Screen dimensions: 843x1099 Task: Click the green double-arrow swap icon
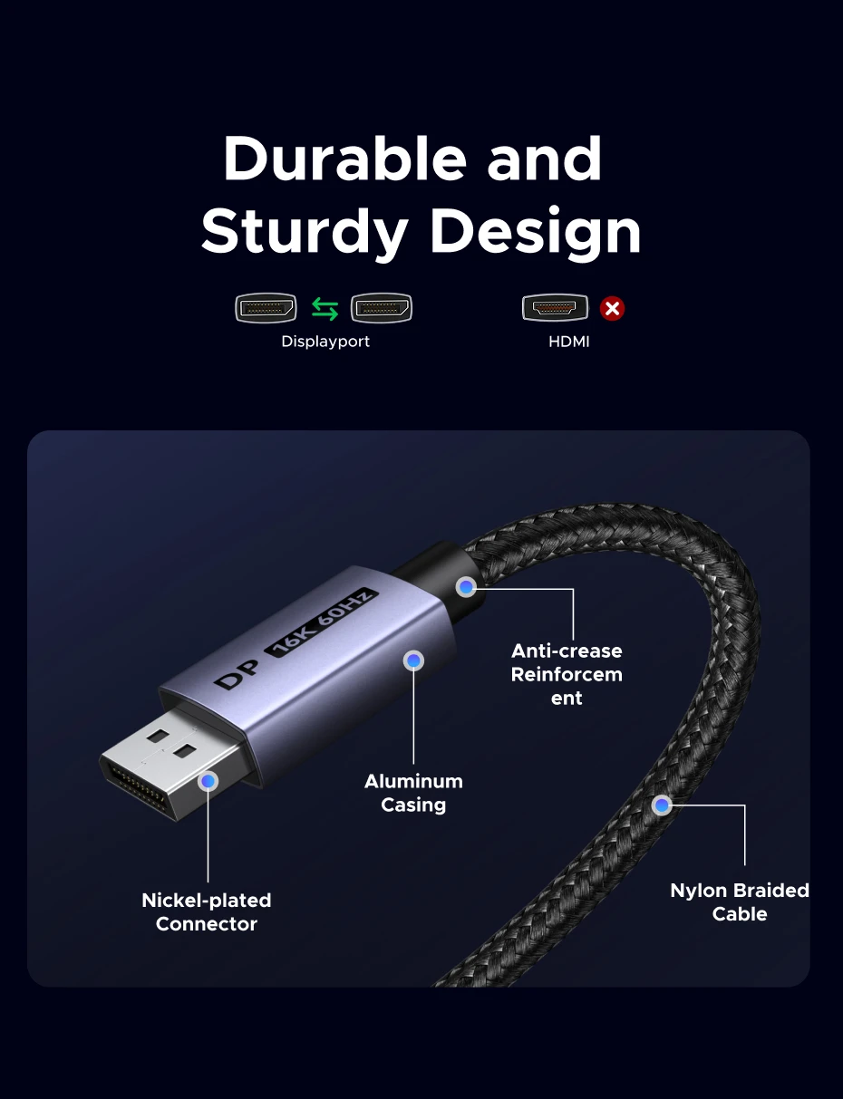click(325, 309)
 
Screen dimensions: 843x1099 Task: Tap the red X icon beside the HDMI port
click(612, 309)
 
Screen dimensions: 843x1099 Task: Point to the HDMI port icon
click(555, 307)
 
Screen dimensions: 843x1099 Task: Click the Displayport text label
click(325, 342)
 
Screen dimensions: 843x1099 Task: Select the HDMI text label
click(569, 342)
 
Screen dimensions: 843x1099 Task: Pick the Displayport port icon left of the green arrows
click(266, 308)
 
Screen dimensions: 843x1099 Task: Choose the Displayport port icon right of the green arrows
click(382, 308)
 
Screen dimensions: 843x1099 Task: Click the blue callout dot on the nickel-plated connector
click(208, 781)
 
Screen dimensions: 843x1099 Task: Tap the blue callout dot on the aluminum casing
click(414, 661)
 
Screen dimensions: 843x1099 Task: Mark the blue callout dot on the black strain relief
click(466, 587)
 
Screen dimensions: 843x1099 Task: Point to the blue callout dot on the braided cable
click(662, 805)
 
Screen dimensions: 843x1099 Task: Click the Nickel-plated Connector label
click(207, 911)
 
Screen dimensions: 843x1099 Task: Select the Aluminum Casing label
click(413, 793)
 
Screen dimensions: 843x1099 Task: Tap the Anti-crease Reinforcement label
click(567, 675)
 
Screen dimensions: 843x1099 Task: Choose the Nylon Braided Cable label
click(740, 902)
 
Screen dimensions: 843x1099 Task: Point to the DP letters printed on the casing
click(237, 675)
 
